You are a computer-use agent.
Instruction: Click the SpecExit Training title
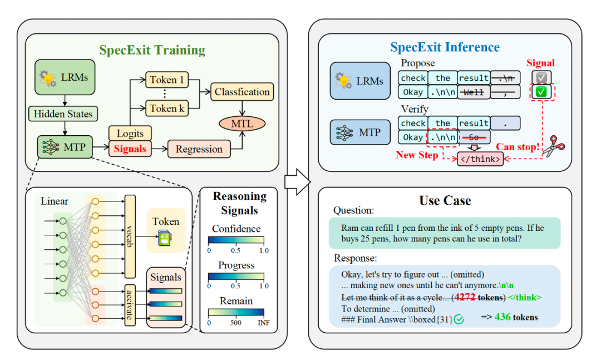[152, 50]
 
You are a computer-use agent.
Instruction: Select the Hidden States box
[63, 114]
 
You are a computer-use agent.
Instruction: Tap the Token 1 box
[167, 80]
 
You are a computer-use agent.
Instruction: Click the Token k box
[167, 109]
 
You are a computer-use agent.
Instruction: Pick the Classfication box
[242, 92]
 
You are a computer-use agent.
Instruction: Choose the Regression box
[199, 149]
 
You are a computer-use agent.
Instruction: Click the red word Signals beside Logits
[130, 149]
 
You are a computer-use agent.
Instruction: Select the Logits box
[130, 134]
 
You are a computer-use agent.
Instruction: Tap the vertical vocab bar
[130, 236]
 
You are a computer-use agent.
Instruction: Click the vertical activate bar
[130, 305]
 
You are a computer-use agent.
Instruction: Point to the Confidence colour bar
[236, 240]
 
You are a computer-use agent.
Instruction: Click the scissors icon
[555, 146]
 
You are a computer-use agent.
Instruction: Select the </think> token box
[480, 159]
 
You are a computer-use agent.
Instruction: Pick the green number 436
[503, 317]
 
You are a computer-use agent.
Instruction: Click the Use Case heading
[445, 200]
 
